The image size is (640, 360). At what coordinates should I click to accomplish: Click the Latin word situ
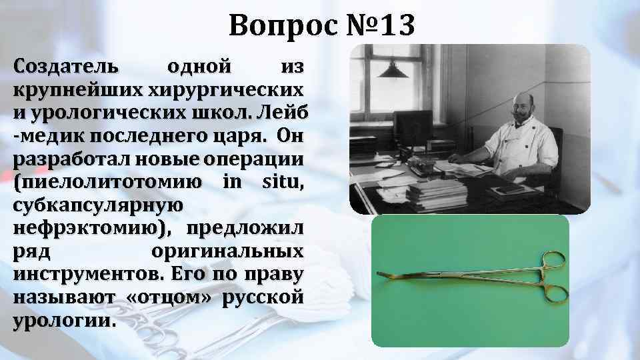point(281,181)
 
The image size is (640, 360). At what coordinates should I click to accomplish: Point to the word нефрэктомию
point(87,228)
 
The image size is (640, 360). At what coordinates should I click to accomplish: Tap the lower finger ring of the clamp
point(555,294)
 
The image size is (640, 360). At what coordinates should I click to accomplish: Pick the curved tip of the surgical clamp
point(384,274)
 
